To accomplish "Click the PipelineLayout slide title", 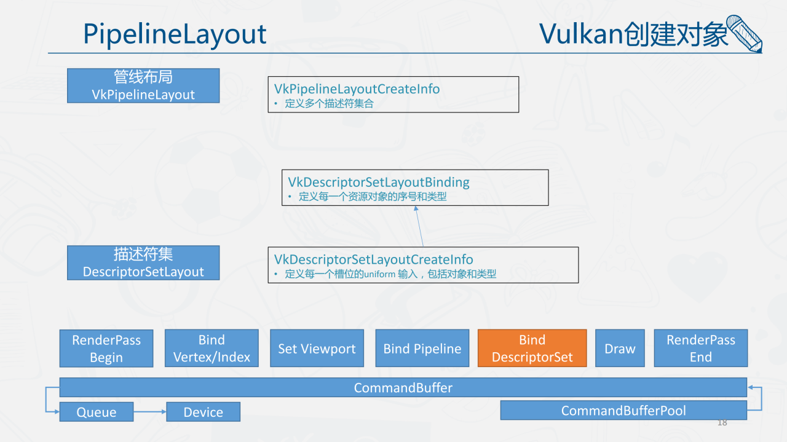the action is coord(175,35).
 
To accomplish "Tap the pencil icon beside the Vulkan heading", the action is coord(745,33).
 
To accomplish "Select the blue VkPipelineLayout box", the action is coord(143,85).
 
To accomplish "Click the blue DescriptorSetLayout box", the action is coord(143,263).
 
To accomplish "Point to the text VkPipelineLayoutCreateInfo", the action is coord(357,89).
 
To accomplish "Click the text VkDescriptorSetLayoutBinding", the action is coord(378,182).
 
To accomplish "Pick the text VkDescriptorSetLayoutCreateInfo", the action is coord(373,259).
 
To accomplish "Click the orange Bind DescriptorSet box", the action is coord(532,348).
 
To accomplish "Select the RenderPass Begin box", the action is coord(106,348).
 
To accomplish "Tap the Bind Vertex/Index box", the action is coord(212,348).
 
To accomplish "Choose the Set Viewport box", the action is coord(317,348).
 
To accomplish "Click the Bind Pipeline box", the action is coord(422,348).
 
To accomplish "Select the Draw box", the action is coord(620,348).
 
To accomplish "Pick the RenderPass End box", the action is coord(701,348).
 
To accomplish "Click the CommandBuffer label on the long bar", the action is coord(403,387).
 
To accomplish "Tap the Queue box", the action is coord(97,412).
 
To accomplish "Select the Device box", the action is coord(204,412).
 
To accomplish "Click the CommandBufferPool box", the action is coord(623,411).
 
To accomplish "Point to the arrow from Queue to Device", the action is coord(150,411).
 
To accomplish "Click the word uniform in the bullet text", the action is coord(379,274).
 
